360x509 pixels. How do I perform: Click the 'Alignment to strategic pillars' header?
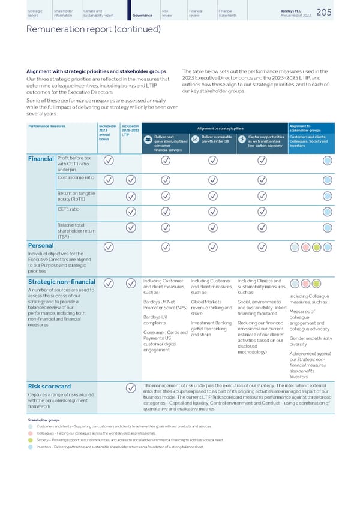pyautogui.click(x=214, y=127)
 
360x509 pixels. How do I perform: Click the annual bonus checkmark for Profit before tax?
pyautogui.click(x=108, y=161)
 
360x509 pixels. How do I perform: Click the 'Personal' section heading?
pyautogui.click(x=42, y=245)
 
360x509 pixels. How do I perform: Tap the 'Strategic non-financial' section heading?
pyautogui.click(x=62, y=282)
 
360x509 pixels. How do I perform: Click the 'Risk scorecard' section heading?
pyautogui.click(x=50, y=386)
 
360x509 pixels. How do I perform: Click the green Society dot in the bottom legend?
pyautogui.click(x=31, y=439)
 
